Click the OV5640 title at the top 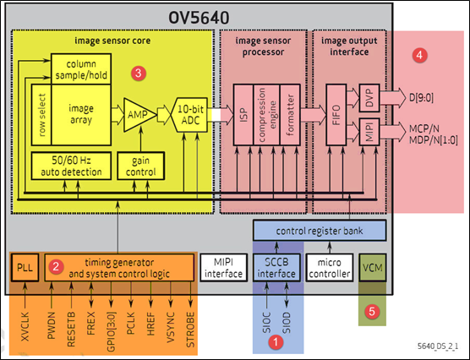(209, 17)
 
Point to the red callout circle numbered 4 (418, 54)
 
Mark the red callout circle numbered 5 (374, 310)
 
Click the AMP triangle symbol (136, 112)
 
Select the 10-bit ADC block (189, 112)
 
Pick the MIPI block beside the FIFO (369, 132)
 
